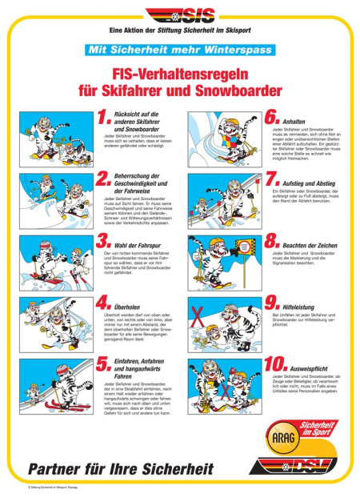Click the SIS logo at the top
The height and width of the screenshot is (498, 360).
(179, 16)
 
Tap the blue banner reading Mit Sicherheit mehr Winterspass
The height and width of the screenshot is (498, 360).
(179, 50)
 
